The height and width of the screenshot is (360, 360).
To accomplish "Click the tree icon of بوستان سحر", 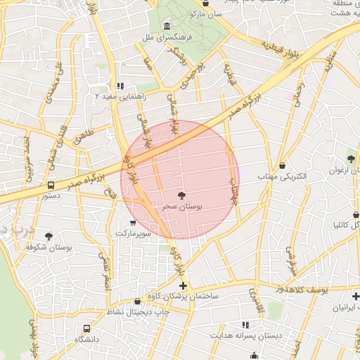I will pyautogui.click(x=182, y=195).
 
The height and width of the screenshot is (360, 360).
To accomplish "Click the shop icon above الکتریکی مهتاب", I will pyautogui.click(x=283, y=165).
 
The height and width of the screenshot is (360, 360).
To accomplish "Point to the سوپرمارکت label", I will pyautogui.click(x=134, y=232).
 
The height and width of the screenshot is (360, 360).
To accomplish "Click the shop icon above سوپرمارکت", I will pyautogui.click(x=134, y=221).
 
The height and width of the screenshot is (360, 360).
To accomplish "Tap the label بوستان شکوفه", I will pyautogui.click(x=50, y=247).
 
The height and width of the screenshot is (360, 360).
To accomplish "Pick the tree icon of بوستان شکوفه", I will pyautogui.click(x=49, y=236).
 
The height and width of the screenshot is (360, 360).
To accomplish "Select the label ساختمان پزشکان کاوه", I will pyautogui.click(x=183, y=297).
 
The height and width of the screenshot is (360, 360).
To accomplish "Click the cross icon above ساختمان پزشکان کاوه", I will pyautogui.click(x=184, y=285).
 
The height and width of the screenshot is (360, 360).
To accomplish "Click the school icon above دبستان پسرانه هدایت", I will pyautogui.click(x=246, y=325).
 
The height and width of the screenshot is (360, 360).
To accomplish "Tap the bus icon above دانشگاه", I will pyautogui.click(x=86, y=328).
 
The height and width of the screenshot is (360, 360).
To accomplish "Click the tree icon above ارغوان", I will pyautogui.click(x=351, y=158).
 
